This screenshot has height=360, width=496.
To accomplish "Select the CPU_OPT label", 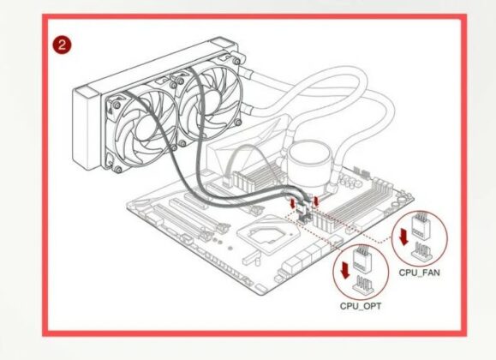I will (359, 304).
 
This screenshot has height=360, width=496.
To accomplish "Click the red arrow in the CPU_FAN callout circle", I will (403, 237).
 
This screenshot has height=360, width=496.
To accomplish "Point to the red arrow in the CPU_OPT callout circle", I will (344, 270).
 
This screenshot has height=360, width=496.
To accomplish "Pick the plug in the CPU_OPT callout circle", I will (362, 260).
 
